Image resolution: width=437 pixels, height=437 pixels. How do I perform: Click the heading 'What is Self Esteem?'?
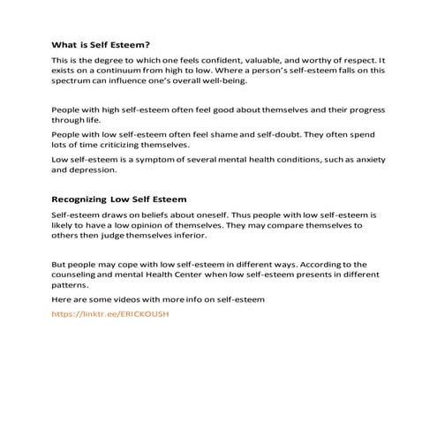coord(101,44)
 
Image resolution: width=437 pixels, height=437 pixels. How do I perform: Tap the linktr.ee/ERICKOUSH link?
coord(109,313)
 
